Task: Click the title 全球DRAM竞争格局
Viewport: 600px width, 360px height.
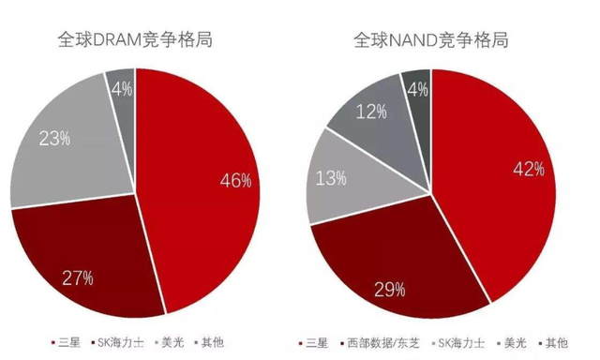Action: [135, 39]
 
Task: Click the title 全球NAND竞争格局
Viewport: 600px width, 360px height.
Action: [431, 39]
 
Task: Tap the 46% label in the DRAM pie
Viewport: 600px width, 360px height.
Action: [235, 180]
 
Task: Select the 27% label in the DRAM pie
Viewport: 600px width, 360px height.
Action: [78, 278]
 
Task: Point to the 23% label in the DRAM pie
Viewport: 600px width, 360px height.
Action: [54, 138]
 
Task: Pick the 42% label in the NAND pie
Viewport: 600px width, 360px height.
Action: [529, 169]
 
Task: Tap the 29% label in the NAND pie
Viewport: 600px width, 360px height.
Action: [390, 290]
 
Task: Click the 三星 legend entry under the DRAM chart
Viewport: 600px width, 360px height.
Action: [66, 342]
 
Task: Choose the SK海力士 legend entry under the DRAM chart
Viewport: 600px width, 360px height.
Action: [117, 342]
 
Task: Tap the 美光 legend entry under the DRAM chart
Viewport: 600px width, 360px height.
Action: [169, 342]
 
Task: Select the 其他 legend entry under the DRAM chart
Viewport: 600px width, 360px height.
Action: [209, 342]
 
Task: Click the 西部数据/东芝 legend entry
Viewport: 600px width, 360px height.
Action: [380, 343]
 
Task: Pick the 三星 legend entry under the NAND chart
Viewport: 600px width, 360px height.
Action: [313, 343]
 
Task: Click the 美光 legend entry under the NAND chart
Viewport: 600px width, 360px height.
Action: [511, 343]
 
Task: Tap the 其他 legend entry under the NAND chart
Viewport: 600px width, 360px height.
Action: [553, 343]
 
